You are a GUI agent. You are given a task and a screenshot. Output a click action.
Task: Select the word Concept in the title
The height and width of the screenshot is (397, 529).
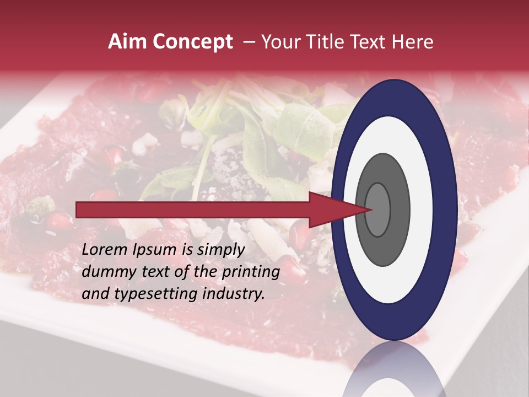point(192,42)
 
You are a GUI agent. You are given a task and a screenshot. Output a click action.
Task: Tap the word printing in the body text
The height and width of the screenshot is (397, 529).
point(250,272)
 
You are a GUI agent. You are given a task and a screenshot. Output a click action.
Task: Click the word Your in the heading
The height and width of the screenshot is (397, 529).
point(279,42)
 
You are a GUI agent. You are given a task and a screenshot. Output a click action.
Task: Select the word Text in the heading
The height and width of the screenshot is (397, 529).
point(367,42)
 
